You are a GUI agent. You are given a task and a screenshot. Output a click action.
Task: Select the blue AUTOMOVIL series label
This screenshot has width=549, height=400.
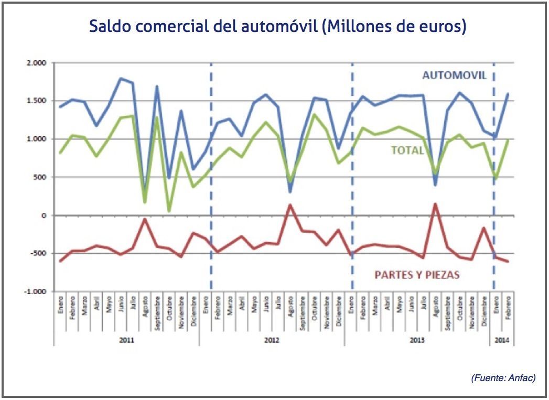[455, 75]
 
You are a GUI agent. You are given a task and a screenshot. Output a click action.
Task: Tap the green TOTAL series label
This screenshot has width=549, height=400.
[407, 150]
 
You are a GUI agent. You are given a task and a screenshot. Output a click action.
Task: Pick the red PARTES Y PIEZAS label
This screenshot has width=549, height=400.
[417, 274]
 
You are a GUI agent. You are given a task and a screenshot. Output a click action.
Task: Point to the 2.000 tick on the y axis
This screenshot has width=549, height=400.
[37, 63]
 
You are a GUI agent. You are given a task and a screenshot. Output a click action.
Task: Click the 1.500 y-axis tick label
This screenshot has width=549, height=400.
[37, 101]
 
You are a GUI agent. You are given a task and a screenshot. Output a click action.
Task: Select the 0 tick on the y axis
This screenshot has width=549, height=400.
[44, 215]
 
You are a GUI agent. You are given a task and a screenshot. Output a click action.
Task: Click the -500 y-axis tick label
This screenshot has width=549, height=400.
[39, 254]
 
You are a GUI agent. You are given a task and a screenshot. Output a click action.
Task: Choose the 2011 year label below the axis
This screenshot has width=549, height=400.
[126, 340]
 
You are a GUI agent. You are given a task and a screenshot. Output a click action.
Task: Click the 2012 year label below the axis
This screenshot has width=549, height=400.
[272, 340]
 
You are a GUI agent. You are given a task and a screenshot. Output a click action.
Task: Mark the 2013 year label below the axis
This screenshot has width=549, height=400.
[417, 340]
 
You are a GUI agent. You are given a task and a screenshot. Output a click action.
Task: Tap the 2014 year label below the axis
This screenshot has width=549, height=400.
[502, 340]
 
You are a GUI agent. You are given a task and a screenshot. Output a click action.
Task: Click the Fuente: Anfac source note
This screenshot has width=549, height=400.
[503, 377]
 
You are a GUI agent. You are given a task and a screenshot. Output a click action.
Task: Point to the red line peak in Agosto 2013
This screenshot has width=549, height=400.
[435, 203]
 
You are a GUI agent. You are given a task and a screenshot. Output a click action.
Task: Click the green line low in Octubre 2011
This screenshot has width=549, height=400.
[169, 211]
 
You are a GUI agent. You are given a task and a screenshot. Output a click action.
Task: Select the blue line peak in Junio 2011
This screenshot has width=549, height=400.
[121, 79]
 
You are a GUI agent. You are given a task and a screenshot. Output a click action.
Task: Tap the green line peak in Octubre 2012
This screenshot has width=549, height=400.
[315, 114]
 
